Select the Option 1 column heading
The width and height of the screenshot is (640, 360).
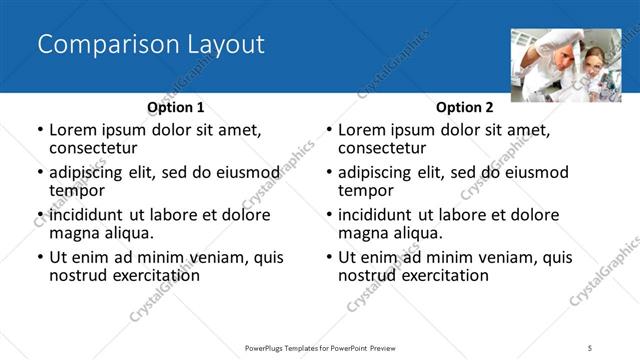pos(176,107)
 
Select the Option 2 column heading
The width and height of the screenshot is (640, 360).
pos(465,107)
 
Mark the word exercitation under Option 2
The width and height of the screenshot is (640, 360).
pos(442,275)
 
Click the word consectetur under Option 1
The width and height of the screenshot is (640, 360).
pos(99,148)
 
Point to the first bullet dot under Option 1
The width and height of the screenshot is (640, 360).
pos(40,131)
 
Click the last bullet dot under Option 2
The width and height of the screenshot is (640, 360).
pos(329,258)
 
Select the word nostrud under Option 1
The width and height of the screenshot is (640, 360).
pos(78,275)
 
